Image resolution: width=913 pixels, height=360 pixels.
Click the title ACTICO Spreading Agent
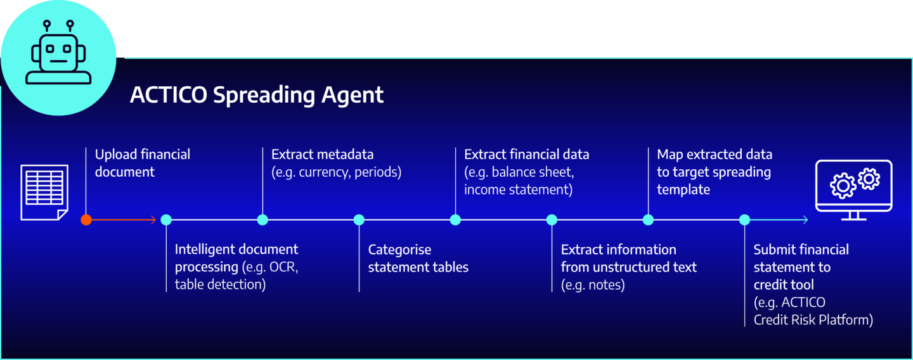(257, 95)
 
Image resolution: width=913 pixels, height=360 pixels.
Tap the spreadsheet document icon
(44, 192)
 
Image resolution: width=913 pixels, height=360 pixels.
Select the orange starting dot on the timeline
(86, 220)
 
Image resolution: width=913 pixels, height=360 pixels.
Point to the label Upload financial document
(142, 163)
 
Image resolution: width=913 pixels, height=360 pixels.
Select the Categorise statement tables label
(418, 258)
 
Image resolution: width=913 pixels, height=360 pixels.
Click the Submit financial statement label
(801, 258)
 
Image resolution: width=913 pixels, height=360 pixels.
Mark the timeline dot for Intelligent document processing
(166, 220)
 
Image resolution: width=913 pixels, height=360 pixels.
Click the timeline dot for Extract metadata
(262, 220)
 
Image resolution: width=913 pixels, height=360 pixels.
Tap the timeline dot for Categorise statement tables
(359, 220)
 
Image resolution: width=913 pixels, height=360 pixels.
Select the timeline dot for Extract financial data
(455, 220)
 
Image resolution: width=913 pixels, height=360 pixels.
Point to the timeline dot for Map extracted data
(648, 220)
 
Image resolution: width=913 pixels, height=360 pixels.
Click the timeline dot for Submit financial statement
(744, 220)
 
